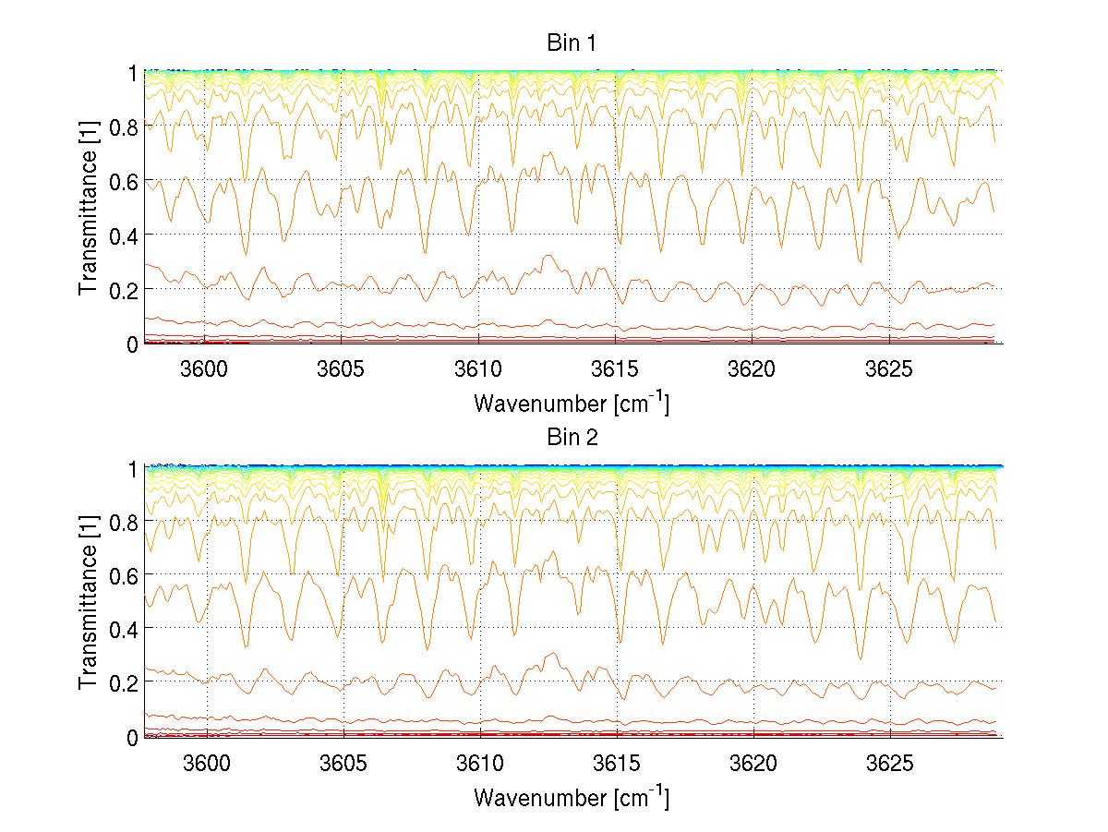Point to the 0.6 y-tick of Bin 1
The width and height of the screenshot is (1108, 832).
coord(126,181)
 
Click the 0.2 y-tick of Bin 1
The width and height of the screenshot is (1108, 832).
coord(126,290)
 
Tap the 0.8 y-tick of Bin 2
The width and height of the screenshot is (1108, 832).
coord(126,522)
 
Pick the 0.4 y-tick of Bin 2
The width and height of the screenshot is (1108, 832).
coord(126,629)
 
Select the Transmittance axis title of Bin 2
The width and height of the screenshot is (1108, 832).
coord(89,602)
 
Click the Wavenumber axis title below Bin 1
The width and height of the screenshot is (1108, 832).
coord(572,404)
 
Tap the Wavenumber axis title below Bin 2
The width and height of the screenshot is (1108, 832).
coord(572,796)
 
